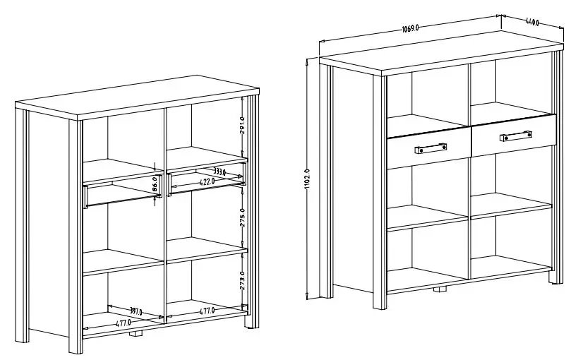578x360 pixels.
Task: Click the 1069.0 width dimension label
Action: click(x=410, y=28)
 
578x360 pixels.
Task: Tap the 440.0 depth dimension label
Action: click(x=532, y=22)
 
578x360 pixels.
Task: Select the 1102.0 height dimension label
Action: click(x=308, y=179)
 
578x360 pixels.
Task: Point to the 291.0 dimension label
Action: click(x=242, y=126)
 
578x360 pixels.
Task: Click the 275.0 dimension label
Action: click(x=242, y=217)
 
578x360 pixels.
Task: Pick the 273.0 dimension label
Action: click(x=242, y=280)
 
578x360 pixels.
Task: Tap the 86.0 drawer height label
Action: click(x=155, y=184)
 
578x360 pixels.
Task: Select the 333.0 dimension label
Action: click(x=219, y=172)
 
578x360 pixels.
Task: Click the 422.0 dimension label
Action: click(x=207, y=181)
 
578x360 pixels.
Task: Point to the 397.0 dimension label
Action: click(x=136, y=312)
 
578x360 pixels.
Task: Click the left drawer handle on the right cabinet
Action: click(x=431, y=149)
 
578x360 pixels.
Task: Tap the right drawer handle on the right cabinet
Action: click(x=516, y=136)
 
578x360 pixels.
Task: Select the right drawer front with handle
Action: click(x=514, y=136)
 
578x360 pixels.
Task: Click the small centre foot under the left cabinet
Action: click(x=136, y=333)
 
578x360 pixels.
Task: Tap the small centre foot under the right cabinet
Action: click(x=440, y=289)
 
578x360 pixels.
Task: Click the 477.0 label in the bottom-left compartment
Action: click(x=124, y=323)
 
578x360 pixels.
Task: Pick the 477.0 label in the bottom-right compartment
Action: click(x=207, y=311)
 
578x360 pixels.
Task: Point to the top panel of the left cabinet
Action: click(x=137, y=97)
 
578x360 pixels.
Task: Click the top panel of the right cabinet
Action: click(x=441, y=53)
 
